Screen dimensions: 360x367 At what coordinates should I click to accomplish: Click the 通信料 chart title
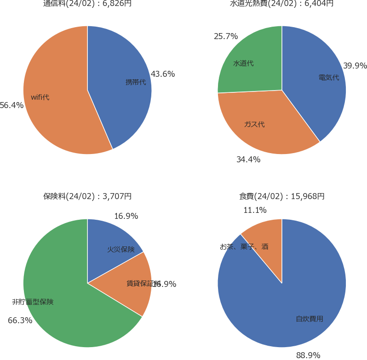click(87, 4)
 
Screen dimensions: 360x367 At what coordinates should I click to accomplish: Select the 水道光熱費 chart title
click(281, 4)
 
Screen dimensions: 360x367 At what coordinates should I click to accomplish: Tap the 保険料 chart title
click(87, 196)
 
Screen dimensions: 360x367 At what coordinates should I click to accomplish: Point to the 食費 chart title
click(281, 196)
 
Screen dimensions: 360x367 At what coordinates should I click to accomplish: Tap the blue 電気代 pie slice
click(317, 83)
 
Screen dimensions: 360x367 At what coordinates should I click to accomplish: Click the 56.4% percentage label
click(11, 105)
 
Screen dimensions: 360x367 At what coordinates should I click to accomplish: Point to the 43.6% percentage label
click(163, 74)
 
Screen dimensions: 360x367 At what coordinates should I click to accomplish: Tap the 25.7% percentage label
click(226, 36)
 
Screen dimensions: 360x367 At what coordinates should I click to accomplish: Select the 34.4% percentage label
click(248, 160)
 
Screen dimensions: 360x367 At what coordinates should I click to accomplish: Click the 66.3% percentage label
click(20, 320)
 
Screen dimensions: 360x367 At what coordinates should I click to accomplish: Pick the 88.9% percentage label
click(308, 355)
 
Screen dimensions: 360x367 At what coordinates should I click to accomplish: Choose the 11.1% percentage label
click(255, 210)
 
